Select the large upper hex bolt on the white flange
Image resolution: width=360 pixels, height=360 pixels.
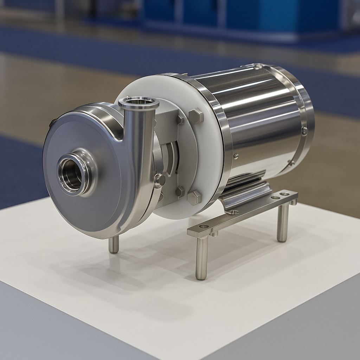[196, 116]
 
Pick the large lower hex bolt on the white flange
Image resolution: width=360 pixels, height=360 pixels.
[194, 198]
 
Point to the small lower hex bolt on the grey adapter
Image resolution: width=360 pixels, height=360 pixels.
[180, 192]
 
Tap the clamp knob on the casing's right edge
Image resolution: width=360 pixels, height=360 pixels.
[160, 180]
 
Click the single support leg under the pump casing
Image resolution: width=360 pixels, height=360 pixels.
[114, 244]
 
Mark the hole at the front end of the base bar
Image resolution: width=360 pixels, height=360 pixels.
[204, 226]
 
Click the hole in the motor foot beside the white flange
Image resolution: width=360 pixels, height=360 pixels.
[234, 212]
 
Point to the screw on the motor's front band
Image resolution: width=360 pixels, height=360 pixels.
[236, 156]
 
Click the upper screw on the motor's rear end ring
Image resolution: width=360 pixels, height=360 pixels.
[304, 131]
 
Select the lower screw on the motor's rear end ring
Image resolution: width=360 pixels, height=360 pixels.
[291, 162]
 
